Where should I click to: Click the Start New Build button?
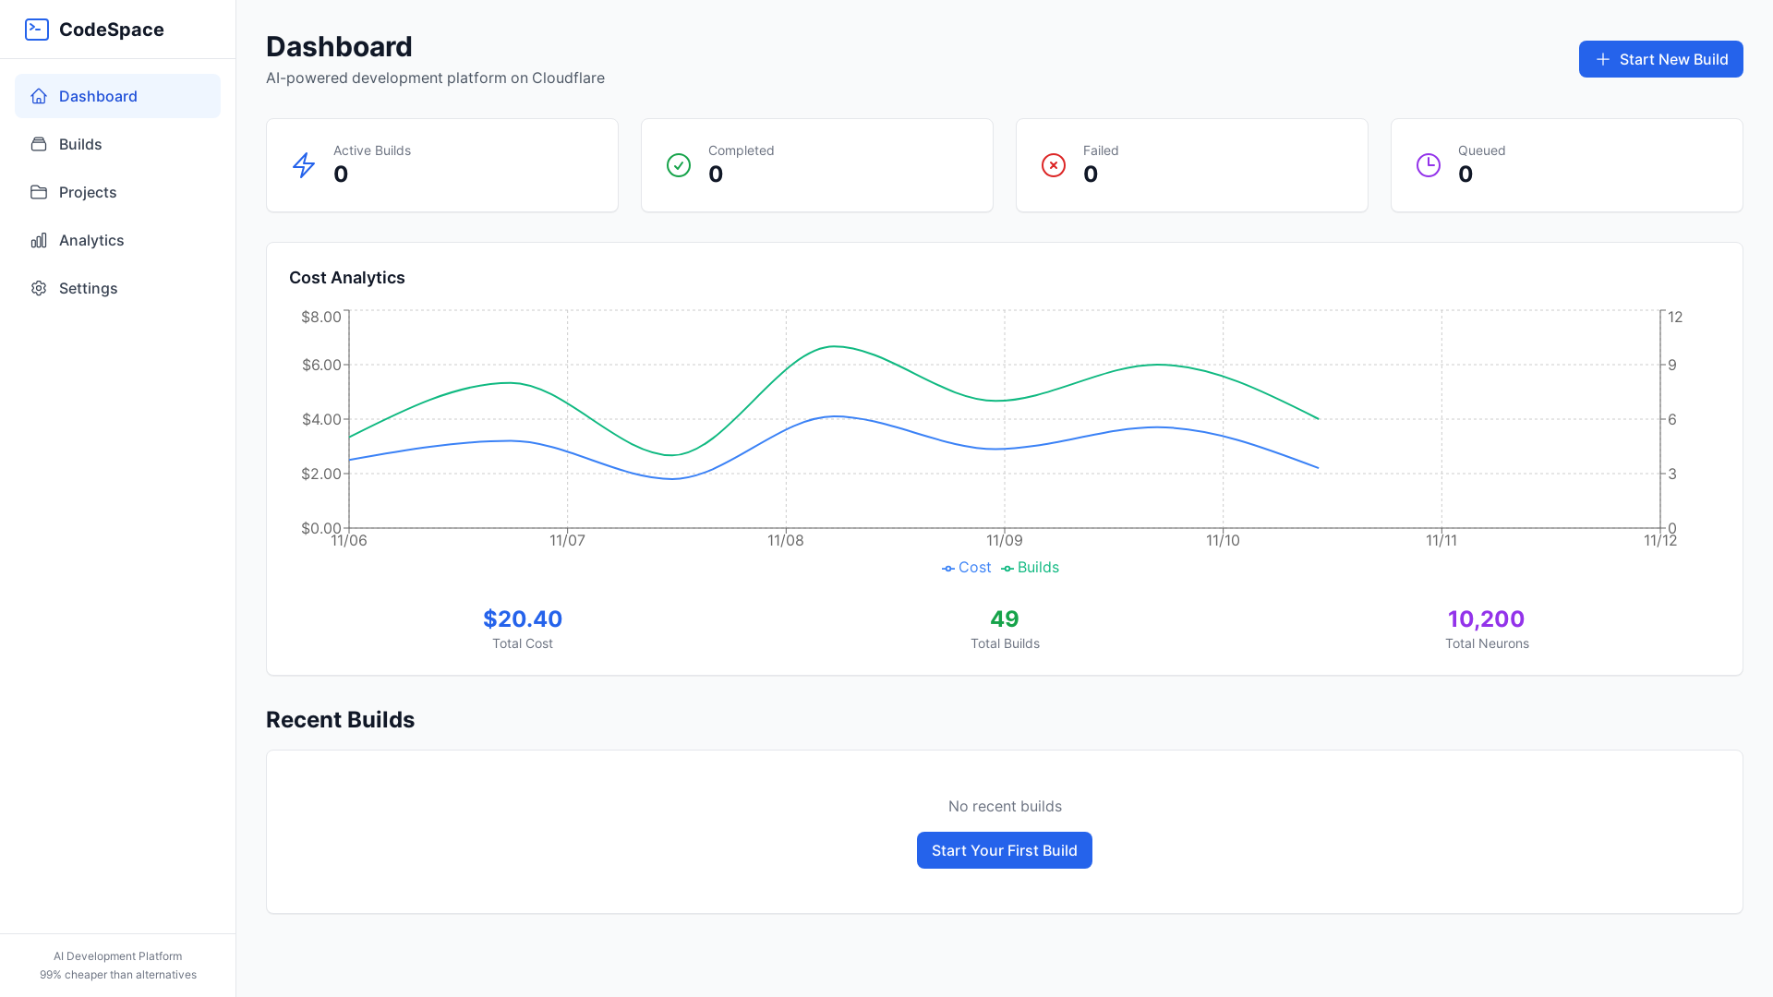[x=1660, y=59]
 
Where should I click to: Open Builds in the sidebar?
[x=80, y=144]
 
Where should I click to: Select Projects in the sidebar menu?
[x=88, y=192]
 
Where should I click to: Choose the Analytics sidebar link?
[x=90, y=240]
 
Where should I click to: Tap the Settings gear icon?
[x=39, y=288]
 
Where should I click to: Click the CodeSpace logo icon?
[x=37, y=30]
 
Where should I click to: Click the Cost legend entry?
[x=967, y=568]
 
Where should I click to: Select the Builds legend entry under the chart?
[x=1031, y=568]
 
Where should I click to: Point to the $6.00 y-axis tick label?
[x=321, y=365]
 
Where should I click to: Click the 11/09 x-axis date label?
[x=1005, y=541]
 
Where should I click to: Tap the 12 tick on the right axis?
[x=1675, y=317]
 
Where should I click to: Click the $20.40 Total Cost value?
[x=523, y=619]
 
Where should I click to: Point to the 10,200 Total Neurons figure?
[x=1486, y=619]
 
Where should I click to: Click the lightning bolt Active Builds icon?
[x=304, y=165]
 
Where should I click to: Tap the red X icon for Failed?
[x=1054, y=165]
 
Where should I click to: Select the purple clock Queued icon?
[x=1429, y=165]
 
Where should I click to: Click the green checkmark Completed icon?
[x=679, y=165]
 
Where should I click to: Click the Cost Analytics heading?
[x=347, y=278]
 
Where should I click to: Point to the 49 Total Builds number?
[x=1005, y=619]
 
